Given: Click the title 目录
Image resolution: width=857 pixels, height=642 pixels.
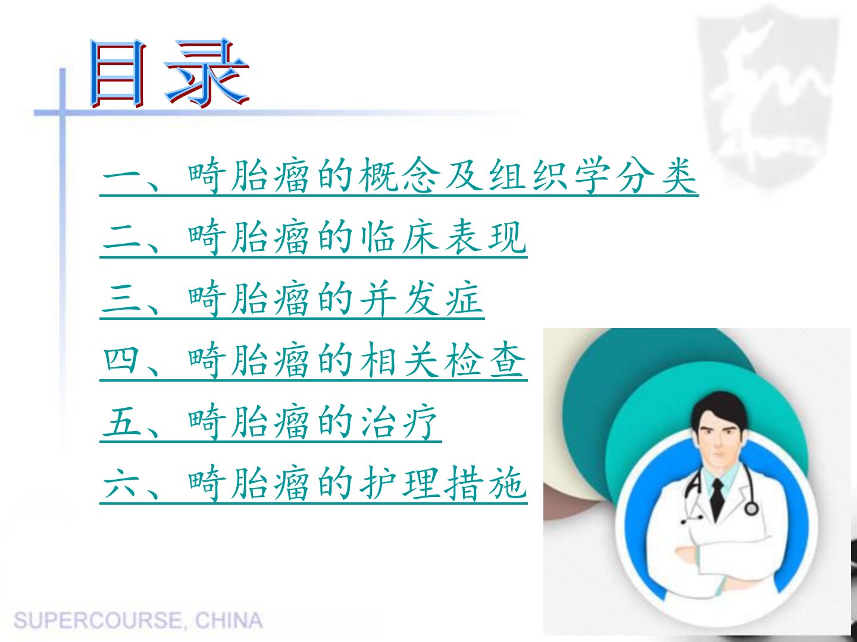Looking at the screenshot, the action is click(169, 73).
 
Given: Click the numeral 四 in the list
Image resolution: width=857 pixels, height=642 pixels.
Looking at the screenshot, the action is click(121, 360).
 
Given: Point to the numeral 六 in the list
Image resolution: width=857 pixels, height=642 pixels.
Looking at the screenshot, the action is click(121, 484).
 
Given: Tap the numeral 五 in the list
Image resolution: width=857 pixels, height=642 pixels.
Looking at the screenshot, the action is click(121, 422).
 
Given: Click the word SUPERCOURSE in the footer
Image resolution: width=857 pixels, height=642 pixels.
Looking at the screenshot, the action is click(98, 620).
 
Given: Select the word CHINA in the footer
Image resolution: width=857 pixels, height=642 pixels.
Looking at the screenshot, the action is click(229, 620).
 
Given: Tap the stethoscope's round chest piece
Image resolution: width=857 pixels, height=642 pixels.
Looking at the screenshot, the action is click(751, 508).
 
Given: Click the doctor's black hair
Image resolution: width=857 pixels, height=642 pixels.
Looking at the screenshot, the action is click(718, 410).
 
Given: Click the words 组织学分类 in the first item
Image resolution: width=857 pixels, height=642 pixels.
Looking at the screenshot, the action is click(593, 175).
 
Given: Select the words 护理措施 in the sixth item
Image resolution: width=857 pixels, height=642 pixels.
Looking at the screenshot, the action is click(443, 484).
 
